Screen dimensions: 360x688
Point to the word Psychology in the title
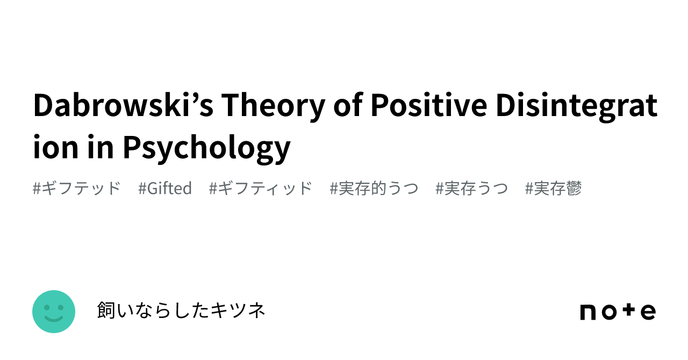(x=206, y=147)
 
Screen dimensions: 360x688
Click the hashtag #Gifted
(x=165, y=189)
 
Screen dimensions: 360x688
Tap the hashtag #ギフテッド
(x=77, y=189)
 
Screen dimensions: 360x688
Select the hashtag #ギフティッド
(x=261, y=189)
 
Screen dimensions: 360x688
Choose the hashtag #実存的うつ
(x=374, y=189)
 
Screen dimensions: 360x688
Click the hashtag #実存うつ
(x=472, y=189)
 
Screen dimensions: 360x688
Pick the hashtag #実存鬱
(x=554, y=189)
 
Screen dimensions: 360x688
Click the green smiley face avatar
(x=54, y=312)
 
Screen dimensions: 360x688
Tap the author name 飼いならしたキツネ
(x=181, y=311)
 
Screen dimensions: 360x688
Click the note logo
(x=618, y=312)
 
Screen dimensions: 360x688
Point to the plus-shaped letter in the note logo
(x=629, y=311)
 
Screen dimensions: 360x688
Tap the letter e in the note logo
(x=648, y=312)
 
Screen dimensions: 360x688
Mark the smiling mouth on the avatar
(x=54, y=319)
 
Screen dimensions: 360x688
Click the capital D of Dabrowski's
(x=44, y=105)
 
